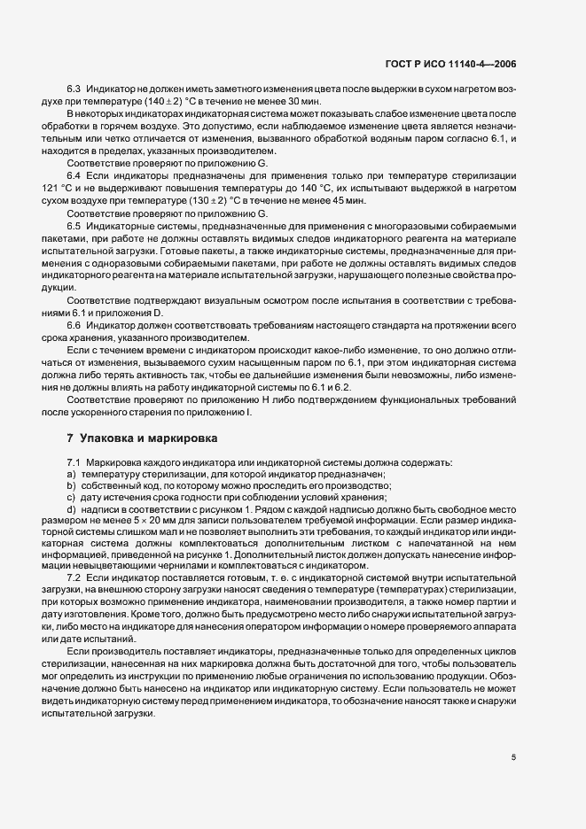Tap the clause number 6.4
coord(74,177)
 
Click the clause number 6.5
coord(74,227)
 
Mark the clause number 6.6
coord(74,326)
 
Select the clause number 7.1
coord(74,463)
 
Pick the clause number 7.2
coord(74,577)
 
